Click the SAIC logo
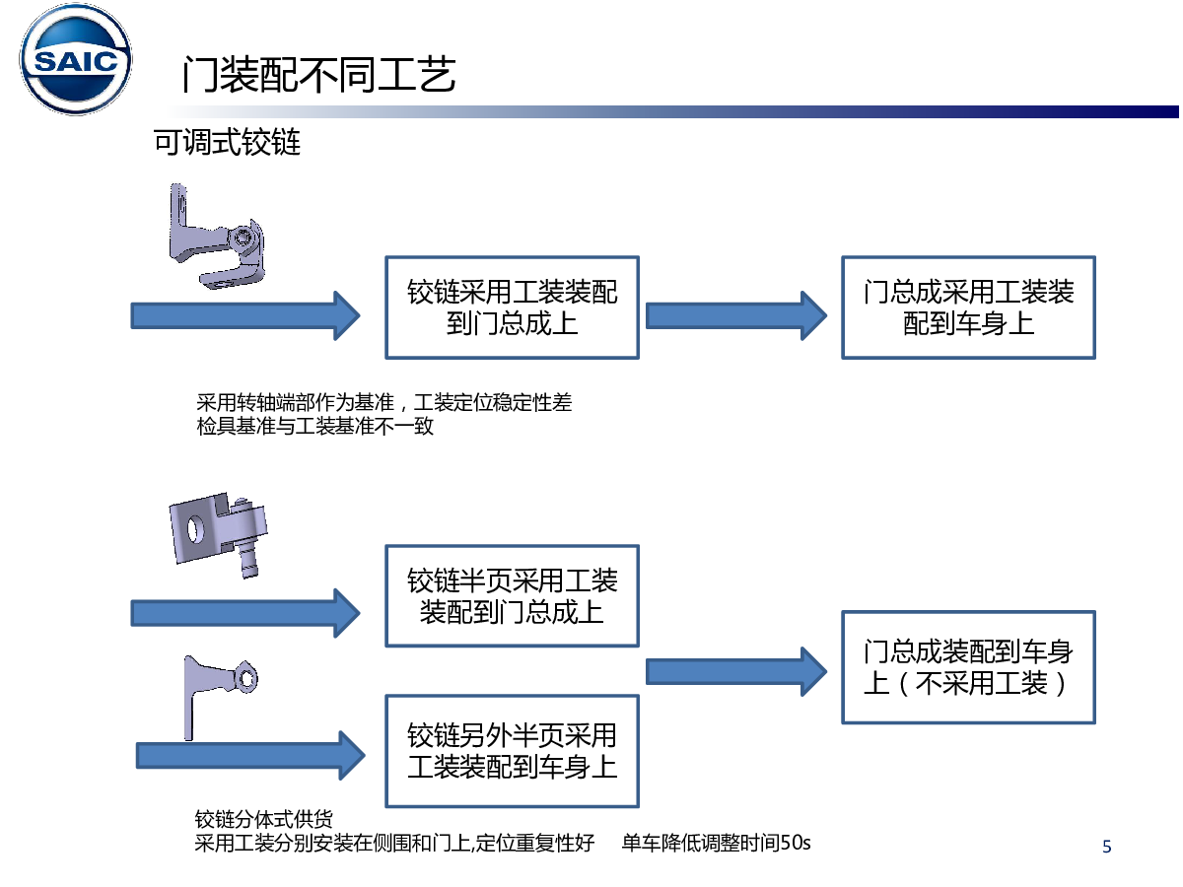(x=77, y=63)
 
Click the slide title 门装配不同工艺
(x=318, y=74)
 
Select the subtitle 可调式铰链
(x=227, y=143)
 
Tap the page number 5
(x=1106, y=846)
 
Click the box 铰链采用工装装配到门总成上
(x=512, y=307)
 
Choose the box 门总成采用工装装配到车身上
(x=968, y=307)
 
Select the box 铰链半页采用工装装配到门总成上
(x=512, y=595)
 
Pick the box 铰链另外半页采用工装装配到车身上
(x=512, y=750)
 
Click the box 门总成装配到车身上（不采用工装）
(x=968, y=666)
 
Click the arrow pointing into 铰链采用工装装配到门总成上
(x=246, y=315)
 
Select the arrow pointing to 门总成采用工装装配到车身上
(x=735, y=315)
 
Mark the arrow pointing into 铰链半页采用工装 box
(x=246, y=612)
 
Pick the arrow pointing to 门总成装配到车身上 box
(x=735, y=671)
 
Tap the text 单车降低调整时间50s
(x=716, y=844)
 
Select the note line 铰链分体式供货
(x=264, y=820)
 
